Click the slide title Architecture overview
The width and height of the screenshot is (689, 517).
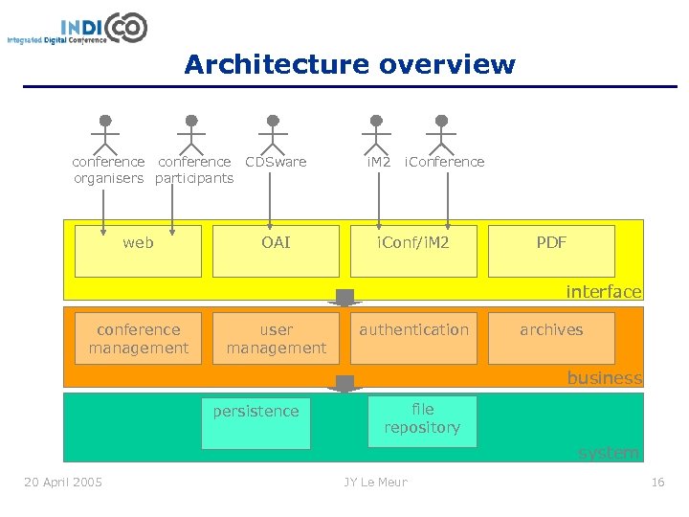pyautogui.click(x=349, y=64)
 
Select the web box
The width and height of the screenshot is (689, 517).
pyautogui.click(x=138, y=251)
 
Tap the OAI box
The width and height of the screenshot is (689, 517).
pyautogui.click(x=276, y=251)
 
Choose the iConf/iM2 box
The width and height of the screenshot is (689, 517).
pyautogui.click(x=413, y=251)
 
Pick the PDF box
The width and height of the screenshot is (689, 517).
pyautogui.click(x=551, y=251)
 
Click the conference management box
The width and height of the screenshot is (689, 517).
pyautogui.click(x=138, y=338)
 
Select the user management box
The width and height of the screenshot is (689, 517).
pyautogui.click(x=276, y=338)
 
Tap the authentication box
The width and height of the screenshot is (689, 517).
pyautogui.click(x=413, y=338)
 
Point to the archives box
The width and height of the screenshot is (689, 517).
pyautogui.click(x=551, y=338)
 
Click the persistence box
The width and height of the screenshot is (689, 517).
pyautogui.click(x=256, y=422)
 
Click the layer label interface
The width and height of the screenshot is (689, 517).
pyautogui.click(x=603, y=291)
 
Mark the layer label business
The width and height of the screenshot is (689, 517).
pyautogui.click(x=604, y=377)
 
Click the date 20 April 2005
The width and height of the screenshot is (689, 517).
pyautogui.click(x=63, y=482)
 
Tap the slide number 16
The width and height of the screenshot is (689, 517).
pyautogui.click(x=657, y=482)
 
